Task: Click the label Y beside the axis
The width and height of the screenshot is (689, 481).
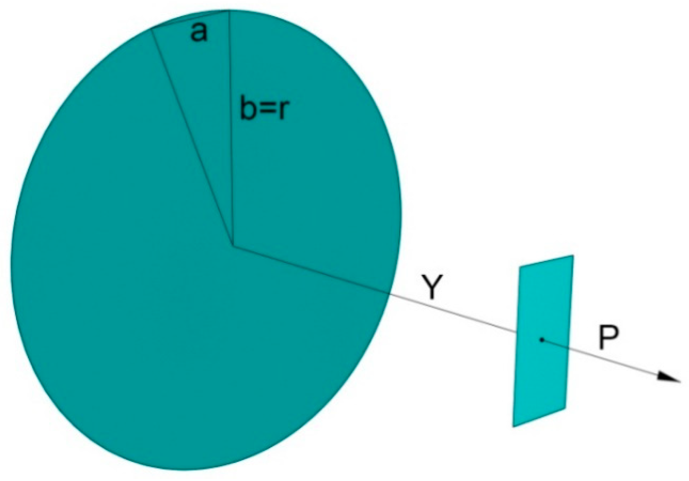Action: (431, 287)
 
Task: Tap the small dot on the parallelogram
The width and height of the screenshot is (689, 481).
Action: (542, 340)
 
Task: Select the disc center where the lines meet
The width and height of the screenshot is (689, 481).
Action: (233, 246)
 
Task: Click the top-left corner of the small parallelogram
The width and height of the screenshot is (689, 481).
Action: (520, 267)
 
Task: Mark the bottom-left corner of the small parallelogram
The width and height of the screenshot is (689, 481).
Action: (513, 426)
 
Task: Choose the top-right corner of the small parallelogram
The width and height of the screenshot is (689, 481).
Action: (573, 255)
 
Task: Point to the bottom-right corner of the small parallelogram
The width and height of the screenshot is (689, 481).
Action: (565, 409)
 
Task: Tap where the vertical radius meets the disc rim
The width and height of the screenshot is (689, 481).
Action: (229, 11)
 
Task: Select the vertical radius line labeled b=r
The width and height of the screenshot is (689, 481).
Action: (231, 156)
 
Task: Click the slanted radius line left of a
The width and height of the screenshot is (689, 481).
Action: (192, 137)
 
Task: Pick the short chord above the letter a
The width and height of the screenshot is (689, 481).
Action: (190, 19)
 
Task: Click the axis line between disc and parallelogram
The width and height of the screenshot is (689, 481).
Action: (454, 313)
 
